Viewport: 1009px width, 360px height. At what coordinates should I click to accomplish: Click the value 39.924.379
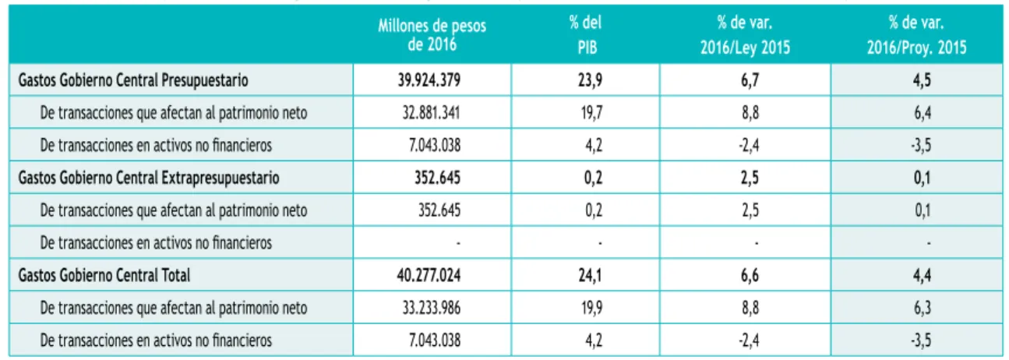coord(429,80)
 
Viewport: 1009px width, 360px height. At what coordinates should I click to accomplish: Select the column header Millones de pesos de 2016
coord(432,35)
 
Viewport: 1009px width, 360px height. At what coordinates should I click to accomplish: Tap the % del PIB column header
coord(586,35)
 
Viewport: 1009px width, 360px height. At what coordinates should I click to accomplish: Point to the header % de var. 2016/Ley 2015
coord(745,35)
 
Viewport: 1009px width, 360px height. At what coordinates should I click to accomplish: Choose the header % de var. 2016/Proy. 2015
coord(916,35)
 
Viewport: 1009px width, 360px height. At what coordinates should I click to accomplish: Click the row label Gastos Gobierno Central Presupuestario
coord(133,80)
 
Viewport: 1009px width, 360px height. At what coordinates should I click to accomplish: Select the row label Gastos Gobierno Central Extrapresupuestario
coord(149,178)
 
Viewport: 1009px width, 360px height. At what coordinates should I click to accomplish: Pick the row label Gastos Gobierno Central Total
coord(104,275)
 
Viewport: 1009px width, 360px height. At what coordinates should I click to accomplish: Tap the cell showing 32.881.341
coord(431,113)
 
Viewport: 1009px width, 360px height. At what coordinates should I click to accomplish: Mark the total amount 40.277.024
coord(429,275)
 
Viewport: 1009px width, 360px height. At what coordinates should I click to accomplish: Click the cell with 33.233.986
coord(431,308)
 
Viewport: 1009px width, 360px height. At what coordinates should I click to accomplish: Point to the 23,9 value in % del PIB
coord(591,80)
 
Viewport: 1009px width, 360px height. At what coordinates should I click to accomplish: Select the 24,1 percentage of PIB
coord(590,275)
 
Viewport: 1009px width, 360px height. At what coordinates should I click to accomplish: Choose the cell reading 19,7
coord(591,113)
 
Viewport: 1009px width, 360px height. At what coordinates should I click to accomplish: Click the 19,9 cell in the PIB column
coord(591,308)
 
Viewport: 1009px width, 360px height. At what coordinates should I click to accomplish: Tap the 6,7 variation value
coord(750,80)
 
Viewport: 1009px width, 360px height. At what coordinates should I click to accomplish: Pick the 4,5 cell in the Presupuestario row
coord(922,80)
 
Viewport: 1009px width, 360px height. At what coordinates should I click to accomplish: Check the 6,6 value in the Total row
coord(750,275)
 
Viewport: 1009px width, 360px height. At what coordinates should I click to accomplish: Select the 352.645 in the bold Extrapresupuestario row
coord(437,178)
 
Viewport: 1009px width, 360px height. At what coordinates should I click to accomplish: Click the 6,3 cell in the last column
coord(922,308)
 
